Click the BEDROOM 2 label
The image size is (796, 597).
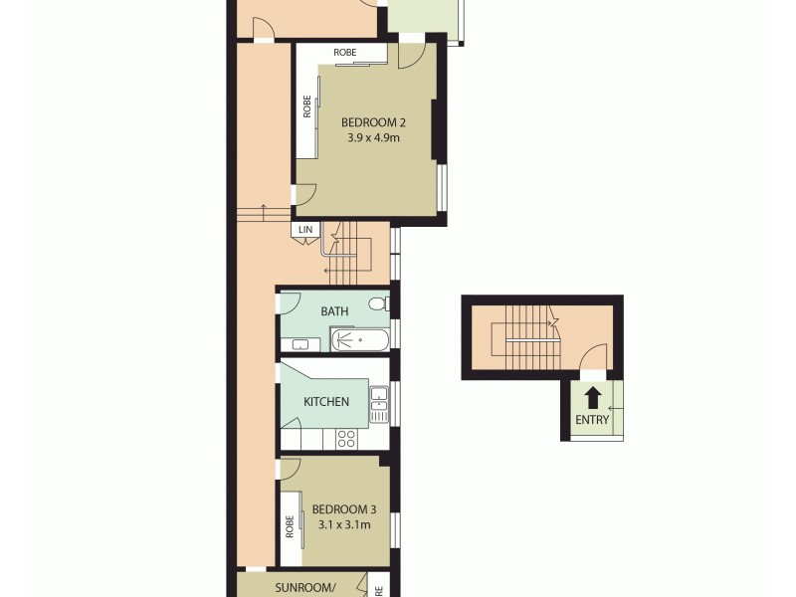[373, 122]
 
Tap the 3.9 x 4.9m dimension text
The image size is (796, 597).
[373, 139]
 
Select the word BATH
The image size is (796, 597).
[334, 311]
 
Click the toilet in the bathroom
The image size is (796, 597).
[378, 303]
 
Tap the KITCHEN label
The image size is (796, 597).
[326, 402]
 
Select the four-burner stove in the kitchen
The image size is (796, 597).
[346, 438]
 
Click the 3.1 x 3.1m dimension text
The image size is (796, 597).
[344, 524]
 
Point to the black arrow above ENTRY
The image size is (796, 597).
[592, 398]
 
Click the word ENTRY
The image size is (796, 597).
[592, 420]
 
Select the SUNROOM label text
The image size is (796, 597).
[303, 587]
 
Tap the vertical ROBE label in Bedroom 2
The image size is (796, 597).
[307, 105]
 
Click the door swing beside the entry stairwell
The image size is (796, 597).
[593, 355]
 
